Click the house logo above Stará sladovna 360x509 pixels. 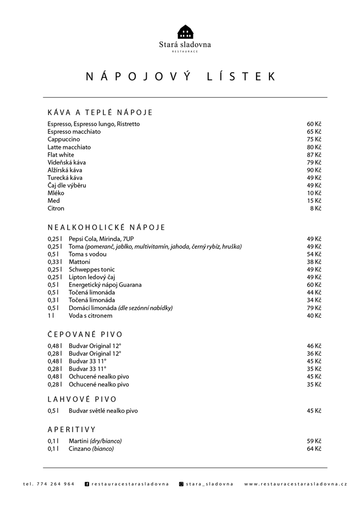[x=185, y=32]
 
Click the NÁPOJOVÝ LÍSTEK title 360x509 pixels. [x=180, y=77]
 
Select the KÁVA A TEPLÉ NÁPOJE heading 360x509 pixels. [x=100, y=112]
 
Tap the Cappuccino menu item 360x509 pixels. [x=64, y=139]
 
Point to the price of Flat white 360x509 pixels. [x=314, y=155]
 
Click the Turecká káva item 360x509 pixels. [x=65, y=178]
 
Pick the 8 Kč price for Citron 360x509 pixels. [x=316, y=208]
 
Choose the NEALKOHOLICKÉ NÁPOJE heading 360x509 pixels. [x=106, y=228]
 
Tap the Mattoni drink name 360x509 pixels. [x=79, y=262]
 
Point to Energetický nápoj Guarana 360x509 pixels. [x=105, y=285]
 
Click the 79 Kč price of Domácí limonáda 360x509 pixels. [x=314, y=308]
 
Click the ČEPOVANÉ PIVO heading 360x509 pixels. [x=85, y=334]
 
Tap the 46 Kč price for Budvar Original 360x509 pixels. [x=314, y=346]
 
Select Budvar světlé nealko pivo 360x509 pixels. [x=103, y=411]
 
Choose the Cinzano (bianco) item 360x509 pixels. [x=91, y=449]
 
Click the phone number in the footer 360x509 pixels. [x=49, y=484]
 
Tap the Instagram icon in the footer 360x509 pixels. [x=181, y=484]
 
